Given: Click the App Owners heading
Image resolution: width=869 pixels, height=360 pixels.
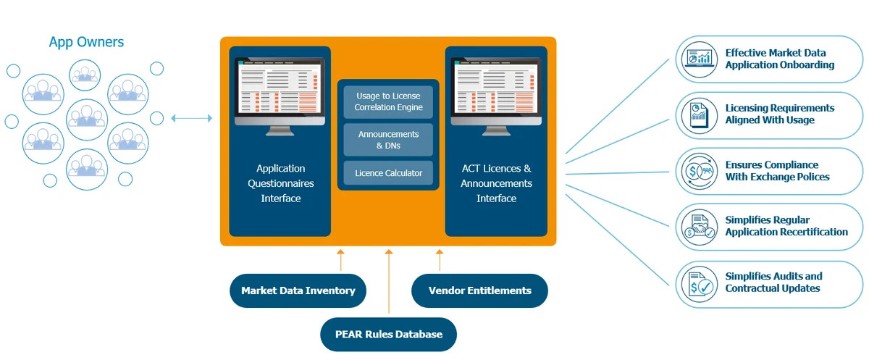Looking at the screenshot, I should point(86,42).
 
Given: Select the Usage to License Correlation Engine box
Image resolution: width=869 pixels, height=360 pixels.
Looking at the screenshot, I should point(388,101).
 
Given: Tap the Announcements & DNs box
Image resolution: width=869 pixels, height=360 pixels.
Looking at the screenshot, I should point(388,140).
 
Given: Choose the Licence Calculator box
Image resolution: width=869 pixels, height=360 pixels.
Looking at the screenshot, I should point(388,174).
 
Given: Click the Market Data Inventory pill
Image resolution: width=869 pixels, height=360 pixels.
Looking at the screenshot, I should point(298,290).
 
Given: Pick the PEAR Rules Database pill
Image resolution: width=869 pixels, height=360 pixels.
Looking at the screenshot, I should point(389,334).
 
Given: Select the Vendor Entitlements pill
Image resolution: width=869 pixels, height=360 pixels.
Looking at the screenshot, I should point(479,290).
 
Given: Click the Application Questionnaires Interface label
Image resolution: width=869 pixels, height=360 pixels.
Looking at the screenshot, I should point(280,183).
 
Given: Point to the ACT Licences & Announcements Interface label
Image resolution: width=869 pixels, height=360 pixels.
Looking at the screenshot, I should point(496,183).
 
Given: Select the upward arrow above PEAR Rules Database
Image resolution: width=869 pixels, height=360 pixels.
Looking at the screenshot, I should point(389,282).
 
